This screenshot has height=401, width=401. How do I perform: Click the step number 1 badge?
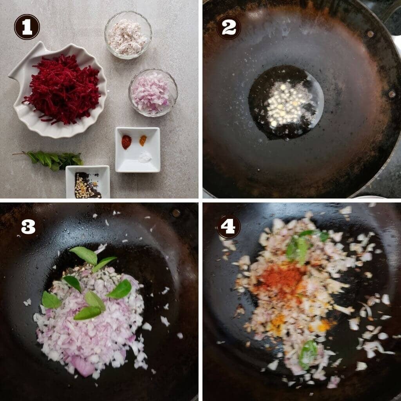27,27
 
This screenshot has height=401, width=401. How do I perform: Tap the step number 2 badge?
229,27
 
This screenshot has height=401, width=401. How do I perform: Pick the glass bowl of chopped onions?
153,93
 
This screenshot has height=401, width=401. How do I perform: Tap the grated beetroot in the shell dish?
63,89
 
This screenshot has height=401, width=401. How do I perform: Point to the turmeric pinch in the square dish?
143,140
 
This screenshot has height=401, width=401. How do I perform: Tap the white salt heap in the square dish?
145,157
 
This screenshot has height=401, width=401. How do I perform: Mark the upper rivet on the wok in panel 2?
370,34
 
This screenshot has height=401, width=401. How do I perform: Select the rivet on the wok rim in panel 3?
176,213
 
